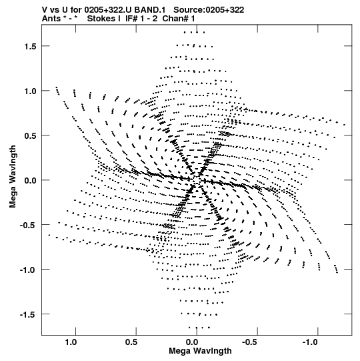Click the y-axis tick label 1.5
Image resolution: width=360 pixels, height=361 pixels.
tap(31, 47)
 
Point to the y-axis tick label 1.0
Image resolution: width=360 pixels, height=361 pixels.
tap(31, 91)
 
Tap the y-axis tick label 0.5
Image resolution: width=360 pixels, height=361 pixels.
tap(31, 136)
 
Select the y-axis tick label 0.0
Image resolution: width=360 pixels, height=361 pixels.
tap(31, 180)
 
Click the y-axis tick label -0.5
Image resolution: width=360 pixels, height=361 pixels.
tap(28, 225)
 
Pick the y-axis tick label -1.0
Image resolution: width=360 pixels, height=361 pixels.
tap(28, 270)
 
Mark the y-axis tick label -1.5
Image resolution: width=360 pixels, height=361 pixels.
tap(28, 314)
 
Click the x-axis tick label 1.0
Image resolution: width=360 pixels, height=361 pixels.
tap(71, 342)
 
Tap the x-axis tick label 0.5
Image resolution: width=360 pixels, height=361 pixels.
tap(131, 342)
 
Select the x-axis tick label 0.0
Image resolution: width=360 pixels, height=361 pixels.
tap(192, 342)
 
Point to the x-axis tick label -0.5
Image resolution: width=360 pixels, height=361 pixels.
tap(250, 342)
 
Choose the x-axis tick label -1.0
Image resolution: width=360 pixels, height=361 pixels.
tap(310, 342)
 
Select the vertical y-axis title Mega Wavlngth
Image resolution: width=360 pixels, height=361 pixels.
tap(13, 177)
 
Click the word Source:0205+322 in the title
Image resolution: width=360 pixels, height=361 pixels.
tap(209, 10)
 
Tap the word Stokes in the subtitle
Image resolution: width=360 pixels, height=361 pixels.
tap(101, 19)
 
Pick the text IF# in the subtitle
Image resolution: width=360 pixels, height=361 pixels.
tap(131, 19)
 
